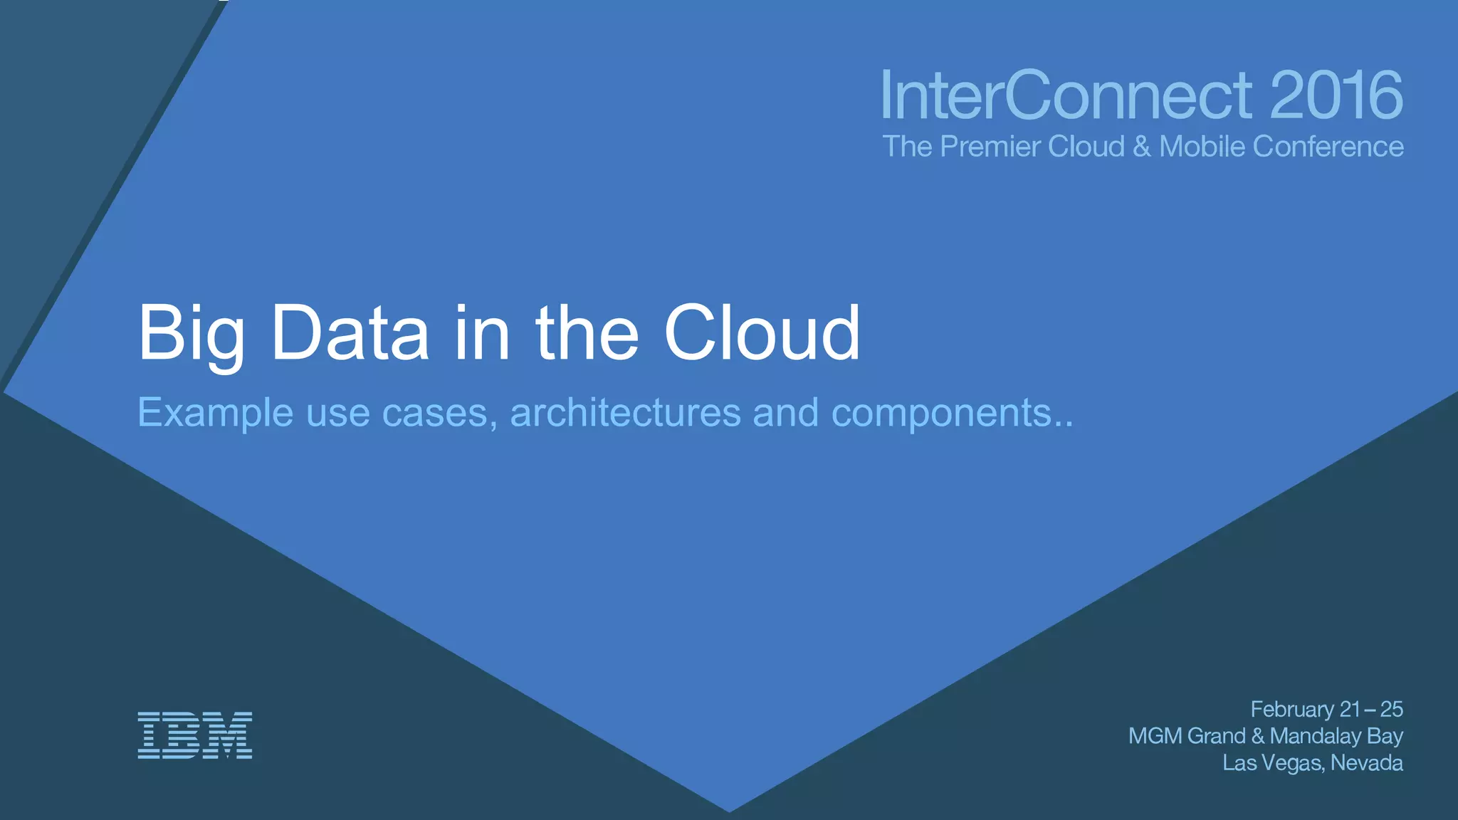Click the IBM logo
[x=194, y=735]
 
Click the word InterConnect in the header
[x=1066, y=95]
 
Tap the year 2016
[x=1336, y=95]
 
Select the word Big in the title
[x=191, y=334]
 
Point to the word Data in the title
[x=350, y=333]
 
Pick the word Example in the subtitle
[x=215, y=413]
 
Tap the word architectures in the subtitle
[x=626, y=412]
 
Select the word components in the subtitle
[x=941, y=414]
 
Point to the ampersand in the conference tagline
[x=1141, y=147]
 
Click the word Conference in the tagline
[x=1328, y=147]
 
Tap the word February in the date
[x=1292, y=710]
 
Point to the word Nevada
[x=1366, y=763]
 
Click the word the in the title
[x=587, y=333]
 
